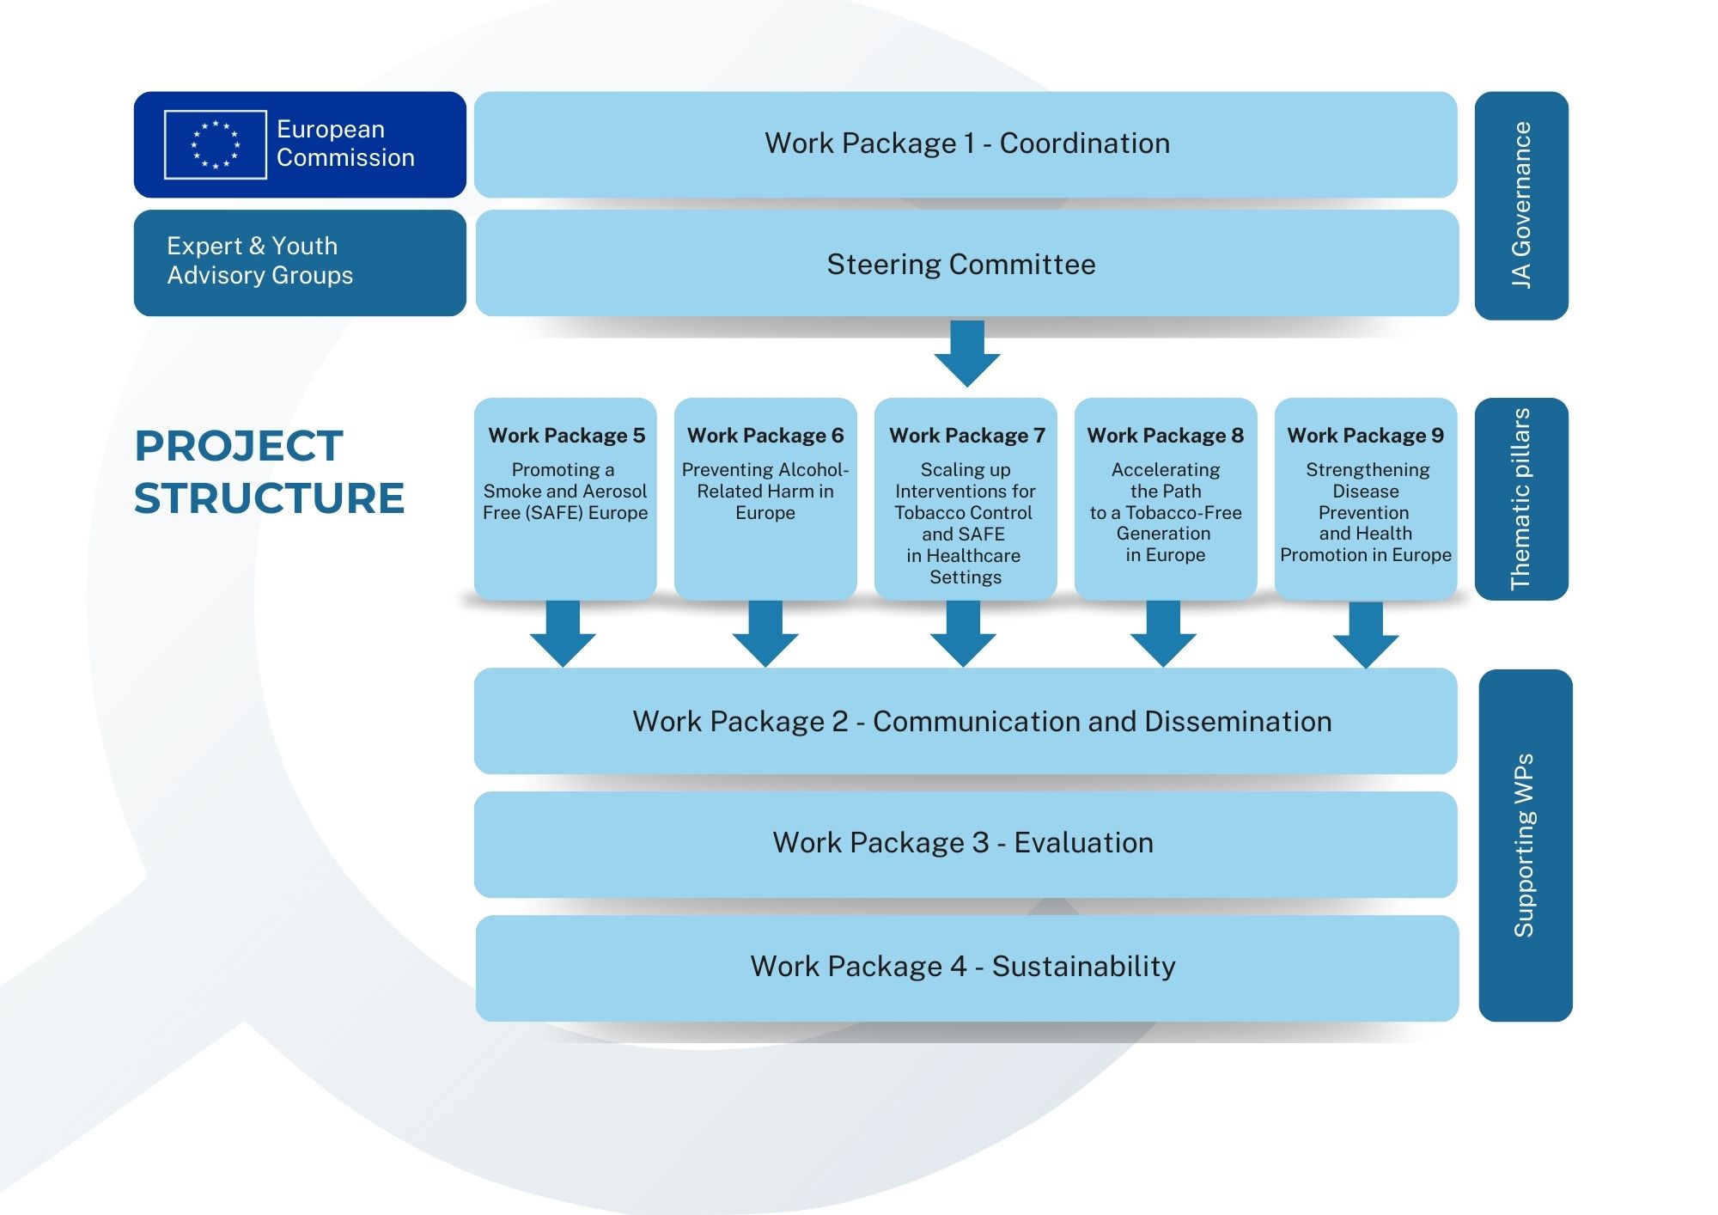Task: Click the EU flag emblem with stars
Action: [215, 144]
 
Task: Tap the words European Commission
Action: [345, 143]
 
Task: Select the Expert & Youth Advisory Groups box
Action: [299, 262]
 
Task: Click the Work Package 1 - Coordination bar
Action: [966, 143]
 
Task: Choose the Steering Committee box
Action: [966, 264]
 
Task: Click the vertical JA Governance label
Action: [1521, 205]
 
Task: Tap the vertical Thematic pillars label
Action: [1521, 498]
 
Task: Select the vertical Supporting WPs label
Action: [1525, 845]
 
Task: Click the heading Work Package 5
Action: [566, 436]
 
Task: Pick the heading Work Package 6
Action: [765, 436]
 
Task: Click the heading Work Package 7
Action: [966, 436]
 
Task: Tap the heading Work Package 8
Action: [1165, 436]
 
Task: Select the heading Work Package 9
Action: [1365, 436]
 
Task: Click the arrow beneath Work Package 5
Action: [563, 634]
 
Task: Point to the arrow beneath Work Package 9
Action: [1366, 635]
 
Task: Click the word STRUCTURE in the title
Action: [269, 498]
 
